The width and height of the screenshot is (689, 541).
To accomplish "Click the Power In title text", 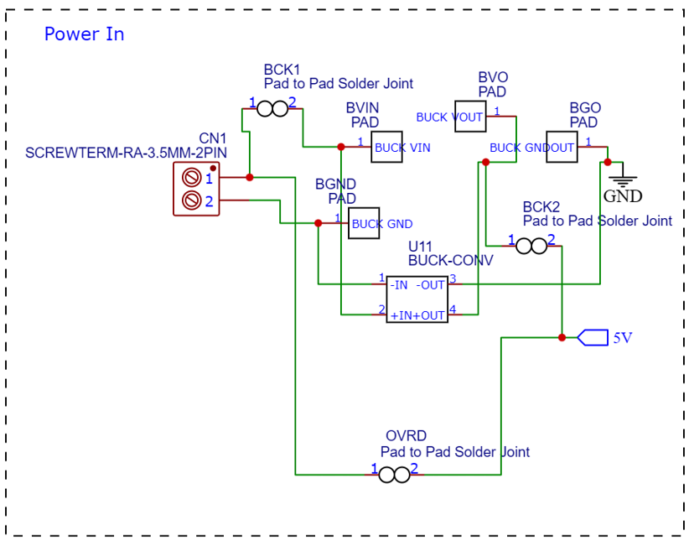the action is click(84, 34).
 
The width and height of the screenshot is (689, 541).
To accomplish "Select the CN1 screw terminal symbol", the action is click(196, 189).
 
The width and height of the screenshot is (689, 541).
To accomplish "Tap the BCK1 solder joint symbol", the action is click(272, 109).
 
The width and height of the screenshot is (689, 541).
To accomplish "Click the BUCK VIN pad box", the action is click(386, 147).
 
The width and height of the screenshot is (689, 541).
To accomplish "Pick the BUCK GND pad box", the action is click(364, 223).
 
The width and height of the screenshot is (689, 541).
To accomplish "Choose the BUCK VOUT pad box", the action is click(470, 116).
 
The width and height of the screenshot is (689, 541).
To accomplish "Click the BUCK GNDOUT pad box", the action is click(562, 147).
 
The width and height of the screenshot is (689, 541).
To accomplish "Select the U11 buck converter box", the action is click(417, 299).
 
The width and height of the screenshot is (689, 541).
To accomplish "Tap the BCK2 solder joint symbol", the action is click(531, 247).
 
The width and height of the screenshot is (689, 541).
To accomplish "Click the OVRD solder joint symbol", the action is click(394, 475).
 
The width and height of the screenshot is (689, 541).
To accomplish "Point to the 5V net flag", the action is click(593, 337).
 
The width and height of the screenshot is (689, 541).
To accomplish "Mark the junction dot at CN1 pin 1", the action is click(250, 177).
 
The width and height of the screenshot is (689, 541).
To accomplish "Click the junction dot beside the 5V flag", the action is click(562, 337).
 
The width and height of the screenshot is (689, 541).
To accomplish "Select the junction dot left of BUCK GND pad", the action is click(319, 223).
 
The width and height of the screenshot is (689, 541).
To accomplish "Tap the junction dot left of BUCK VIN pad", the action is click(341, 147).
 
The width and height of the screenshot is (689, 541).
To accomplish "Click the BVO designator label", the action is click(493, 77).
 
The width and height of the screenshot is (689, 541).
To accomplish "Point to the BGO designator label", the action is click(585, 107).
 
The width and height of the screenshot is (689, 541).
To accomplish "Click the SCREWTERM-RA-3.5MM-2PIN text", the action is click(126, 153).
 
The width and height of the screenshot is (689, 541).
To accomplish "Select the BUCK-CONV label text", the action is click(450, 260).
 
